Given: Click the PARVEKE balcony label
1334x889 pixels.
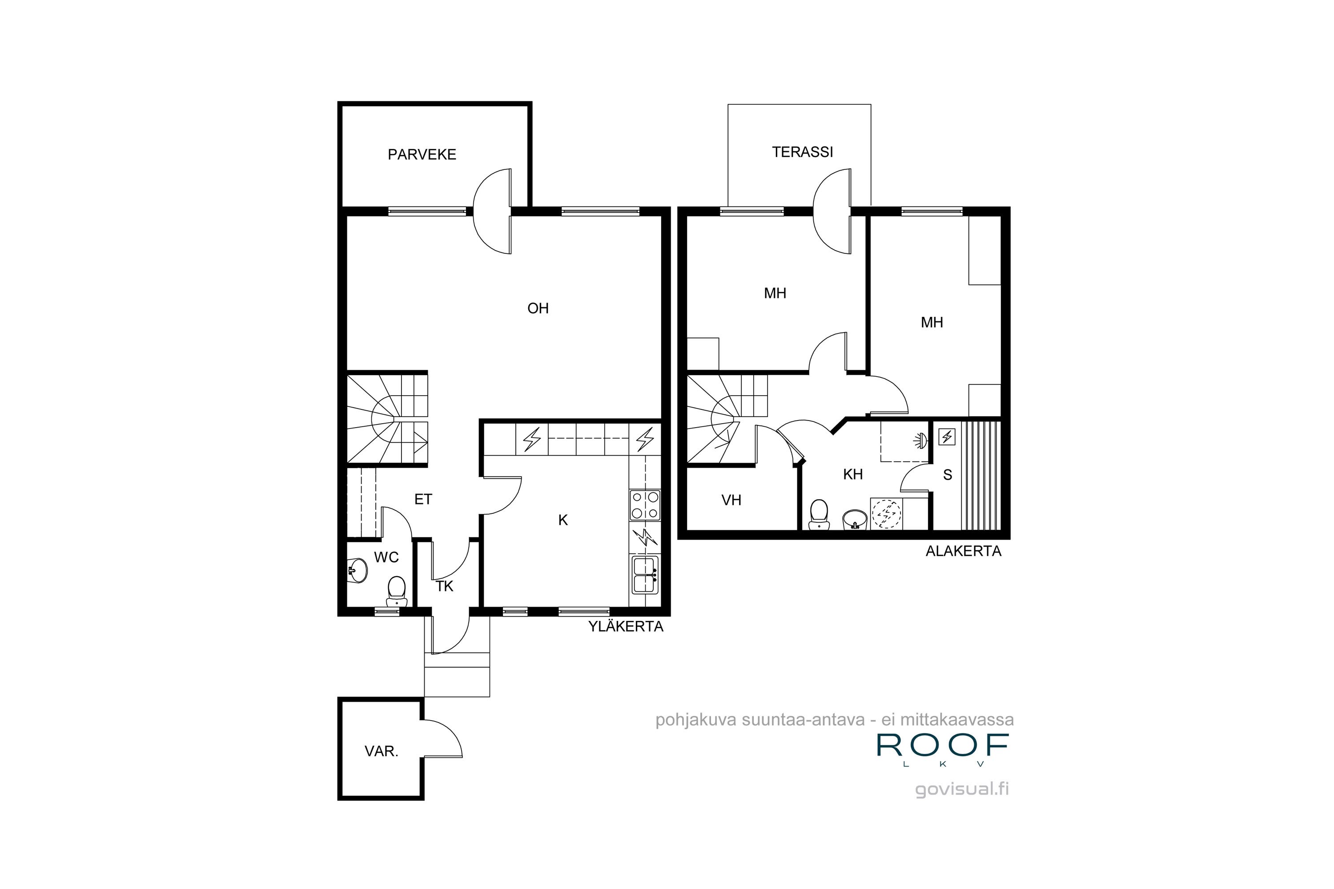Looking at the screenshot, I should pyautogui.click(x=422, y=154).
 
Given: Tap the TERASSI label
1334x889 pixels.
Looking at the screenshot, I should pyautogui.click(x=802, y=152).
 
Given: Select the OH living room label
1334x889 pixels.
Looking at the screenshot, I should pyautogui.click(x=538, y=308).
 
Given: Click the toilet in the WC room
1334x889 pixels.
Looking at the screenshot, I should pyautogui.click(x=397, y=591).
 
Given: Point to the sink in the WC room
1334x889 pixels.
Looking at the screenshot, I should pyautogui.click(x=358, y=570).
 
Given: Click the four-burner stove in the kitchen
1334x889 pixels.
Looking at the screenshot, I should pyautogui.click(x=645, y=505).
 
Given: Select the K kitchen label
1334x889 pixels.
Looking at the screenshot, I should pyautogui.click(x=563, y=520).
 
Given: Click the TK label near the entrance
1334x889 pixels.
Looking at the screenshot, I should pyautogui.click(x=444, y=586).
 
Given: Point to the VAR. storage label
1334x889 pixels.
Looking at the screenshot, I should pyautogui.click(x=381, y=751).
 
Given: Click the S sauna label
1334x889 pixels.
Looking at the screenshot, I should pyautogui.click(x=947, y=475).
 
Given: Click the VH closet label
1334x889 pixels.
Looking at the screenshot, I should pyautogui.click(x=731, y=500).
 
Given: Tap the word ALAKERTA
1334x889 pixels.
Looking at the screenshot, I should pyautogui.click(x=963, y=551).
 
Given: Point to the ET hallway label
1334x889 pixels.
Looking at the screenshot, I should pyautogui.click(x=423, y=500).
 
